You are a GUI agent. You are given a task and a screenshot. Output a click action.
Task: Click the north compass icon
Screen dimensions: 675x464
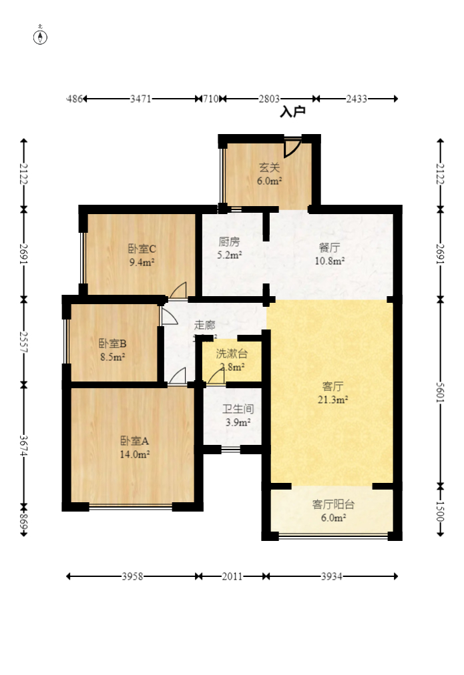(41, 37)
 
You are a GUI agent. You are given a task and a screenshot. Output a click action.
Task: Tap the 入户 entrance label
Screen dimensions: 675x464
(292, 112)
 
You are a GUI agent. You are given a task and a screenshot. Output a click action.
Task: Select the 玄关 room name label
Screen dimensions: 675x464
(270, 168)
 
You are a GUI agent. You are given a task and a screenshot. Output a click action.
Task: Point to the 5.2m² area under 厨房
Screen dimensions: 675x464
(230, 254)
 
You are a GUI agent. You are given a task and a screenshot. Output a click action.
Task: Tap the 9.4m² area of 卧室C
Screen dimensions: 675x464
(142, 262)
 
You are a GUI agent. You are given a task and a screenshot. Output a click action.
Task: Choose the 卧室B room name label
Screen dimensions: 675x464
(113, 344)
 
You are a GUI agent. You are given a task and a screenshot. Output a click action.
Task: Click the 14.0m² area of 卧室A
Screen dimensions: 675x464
(135, 454)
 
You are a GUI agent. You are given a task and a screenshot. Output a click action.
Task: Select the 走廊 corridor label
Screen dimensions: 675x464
(204, 325)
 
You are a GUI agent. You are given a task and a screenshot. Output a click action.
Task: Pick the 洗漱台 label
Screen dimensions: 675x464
(232, 354)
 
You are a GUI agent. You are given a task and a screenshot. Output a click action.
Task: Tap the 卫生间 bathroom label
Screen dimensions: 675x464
(238, 410)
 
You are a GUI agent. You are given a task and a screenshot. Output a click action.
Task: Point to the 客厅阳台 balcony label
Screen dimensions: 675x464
(333, 505)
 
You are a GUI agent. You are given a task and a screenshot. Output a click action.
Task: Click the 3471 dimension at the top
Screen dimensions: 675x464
(141, 99)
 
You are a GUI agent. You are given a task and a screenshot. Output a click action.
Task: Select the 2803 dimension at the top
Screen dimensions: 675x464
(269, 99)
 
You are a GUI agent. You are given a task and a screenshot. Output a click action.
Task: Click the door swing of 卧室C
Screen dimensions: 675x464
(178, 291)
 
